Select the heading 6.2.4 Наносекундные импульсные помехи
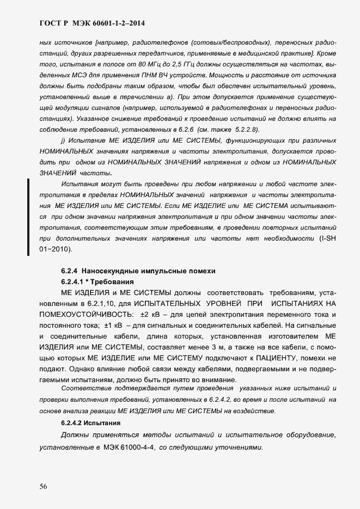pos(138,271)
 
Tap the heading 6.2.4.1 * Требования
pos(97,281)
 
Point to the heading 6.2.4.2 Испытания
pos(90,423)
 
